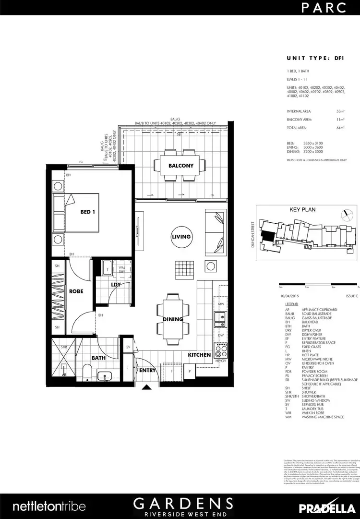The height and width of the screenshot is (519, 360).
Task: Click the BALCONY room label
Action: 180,166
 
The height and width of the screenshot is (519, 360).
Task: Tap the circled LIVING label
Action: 181,236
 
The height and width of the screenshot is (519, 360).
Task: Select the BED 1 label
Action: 87,212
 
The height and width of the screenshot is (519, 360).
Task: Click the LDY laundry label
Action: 116,285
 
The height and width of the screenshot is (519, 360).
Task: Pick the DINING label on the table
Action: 173,319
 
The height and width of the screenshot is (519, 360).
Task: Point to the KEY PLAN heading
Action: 301,210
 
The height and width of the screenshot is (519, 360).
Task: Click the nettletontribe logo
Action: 49,506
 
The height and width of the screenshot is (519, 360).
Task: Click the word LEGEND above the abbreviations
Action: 292,305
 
